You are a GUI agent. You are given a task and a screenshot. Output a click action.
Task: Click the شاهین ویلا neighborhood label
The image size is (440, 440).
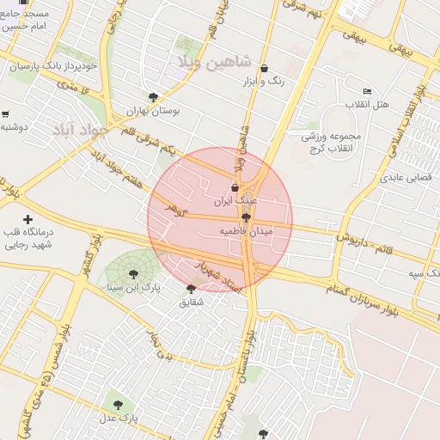pyautogui.click(x=211, y=62)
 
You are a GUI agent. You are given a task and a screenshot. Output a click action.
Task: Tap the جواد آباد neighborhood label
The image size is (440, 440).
pyautogui.click(x=76, y=130)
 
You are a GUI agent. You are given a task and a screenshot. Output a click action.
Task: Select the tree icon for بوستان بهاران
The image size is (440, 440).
pyautogui.click(x=154, y=97)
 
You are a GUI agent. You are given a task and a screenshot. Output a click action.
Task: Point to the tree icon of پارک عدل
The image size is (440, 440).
pyautogui.click(x=118, y=405)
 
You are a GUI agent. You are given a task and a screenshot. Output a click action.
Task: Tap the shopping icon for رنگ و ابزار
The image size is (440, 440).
pyautogui.click(x=264, y=68)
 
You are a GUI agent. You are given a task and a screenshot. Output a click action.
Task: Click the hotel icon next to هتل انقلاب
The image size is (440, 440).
pyautogui.click(x=368, y=91)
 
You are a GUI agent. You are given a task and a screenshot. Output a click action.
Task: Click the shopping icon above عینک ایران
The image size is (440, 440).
pyautogui.click(x=235, y=186)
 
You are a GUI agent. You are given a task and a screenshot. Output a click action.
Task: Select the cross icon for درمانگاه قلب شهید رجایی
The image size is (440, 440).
pyautogui.click(x=28, y=220)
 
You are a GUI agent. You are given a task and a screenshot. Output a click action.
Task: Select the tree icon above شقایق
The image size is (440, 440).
pyautogui.click(x=191, y=289)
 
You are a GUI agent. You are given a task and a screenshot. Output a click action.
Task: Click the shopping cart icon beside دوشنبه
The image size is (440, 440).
pyautogui.click(x=5, y=113)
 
